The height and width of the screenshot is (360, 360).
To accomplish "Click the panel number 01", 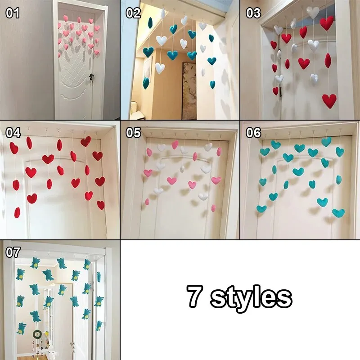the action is coord(13,13).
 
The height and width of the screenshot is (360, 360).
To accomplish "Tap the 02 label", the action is coord(133,13).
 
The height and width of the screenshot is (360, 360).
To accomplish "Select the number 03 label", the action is coord(253,13).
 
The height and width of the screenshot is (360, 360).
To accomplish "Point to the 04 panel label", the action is coord(13,133).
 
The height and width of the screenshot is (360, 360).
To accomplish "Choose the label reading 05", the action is coord(133,133).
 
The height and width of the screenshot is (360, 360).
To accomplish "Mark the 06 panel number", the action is coord(253,133).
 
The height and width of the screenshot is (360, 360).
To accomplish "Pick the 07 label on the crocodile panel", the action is coord(13,252).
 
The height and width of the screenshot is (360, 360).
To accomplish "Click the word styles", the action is coord(252,297).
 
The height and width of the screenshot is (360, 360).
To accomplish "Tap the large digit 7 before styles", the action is coord(194,296).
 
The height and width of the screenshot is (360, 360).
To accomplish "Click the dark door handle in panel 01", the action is coord(92,77).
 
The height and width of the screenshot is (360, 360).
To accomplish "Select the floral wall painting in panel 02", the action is coord(189,91).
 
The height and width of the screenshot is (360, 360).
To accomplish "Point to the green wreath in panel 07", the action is coord(37,334).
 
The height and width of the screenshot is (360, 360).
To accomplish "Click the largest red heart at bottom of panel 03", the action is coord(329,101).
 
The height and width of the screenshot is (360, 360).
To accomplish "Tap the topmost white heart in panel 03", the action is coord(313,12).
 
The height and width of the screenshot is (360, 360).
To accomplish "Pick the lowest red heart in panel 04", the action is coord(17,212).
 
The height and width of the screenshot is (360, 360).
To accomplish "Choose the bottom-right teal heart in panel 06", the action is coord(338,213).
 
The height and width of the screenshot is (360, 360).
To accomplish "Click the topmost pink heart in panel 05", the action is coord(175,144).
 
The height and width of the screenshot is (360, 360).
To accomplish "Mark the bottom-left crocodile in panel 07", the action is coord(21,328).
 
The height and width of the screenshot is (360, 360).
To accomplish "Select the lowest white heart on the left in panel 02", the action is coord(160,68).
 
